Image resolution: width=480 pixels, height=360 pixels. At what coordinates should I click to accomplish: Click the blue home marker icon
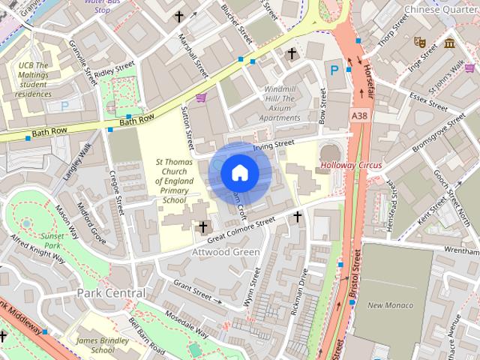pos(239,172)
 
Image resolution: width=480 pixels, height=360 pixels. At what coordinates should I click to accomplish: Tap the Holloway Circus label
pos(350,164)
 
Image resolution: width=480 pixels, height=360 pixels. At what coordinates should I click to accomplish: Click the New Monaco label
pos(391,304)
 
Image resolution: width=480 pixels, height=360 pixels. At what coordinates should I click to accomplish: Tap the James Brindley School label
pos(102,344)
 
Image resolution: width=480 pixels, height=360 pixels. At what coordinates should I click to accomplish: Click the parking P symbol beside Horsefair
pos(334,70)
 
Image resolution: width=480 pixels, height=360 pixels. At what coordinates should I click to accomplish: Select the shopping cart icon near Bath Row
pos(200,97)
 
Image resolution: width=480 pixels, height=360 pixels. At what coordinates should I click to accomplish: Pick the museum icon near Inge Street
pos(449,43)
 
